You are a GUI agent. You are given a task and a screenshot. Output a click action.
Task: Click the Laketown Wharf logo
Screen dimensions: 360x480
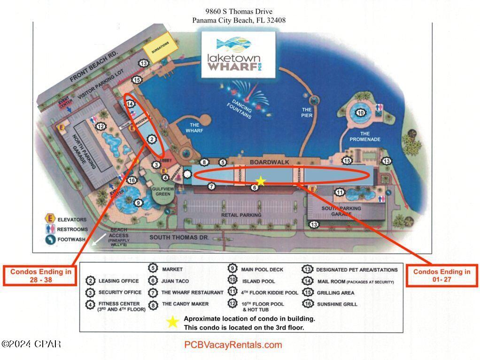[x=238, y=55]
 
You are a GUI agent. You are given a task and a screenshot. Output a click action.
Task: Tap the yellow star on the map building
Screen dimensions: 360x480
[x=261, y=181]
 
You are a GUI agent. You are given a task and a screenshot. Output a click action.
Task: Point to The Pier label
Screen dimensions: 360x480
[x=307, y=113]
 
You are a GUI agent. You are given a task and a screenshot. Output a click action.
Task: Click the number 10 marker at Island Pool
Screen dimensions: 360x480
[x=360, y=112]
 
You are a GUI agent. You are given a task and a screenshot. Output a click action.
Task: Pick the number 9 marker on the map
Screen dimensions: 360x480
[x=138, y=203]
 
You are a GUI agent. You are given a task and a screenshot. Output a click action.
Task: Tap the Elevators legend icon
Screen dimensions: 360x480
[x=48, y=219]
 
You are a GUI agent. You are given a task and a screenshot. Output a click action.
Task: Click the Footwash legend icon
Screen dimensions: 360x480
[x=48, y=239]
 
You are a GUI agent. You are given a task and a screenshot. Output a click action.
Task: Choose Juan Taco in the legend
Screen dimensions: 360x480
[x=176, y=281]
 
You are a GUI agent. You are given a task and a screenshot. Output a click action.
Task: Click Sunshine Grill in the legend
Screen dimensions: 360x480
[x=337, y=304]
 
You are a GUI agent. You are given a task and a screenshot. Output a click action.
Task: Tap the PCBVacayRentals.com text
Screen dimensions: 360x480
[x=233, y=345]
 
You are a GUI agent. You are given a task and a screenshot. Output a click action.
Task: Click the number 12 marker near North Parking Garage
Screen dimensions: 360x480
[x=100, y=126]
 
